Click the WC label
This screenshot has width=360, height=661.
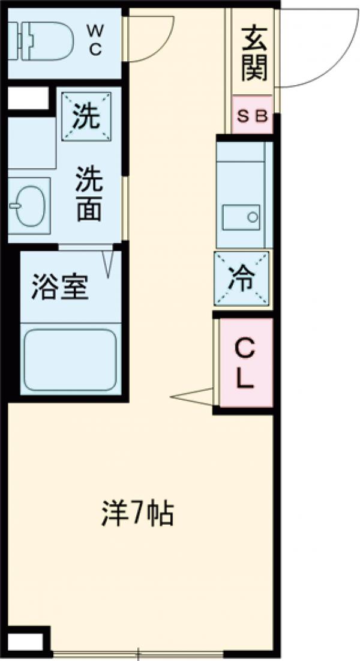(95, 39)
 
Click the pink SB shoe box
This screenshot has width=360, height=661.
(253, 115)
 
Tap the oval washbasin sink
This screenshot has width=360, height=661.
(27, 206)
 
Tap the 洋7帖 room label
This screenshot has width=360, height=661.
(137, 514)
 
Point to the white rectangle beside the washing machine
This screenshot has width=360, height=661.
(27, 98)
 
